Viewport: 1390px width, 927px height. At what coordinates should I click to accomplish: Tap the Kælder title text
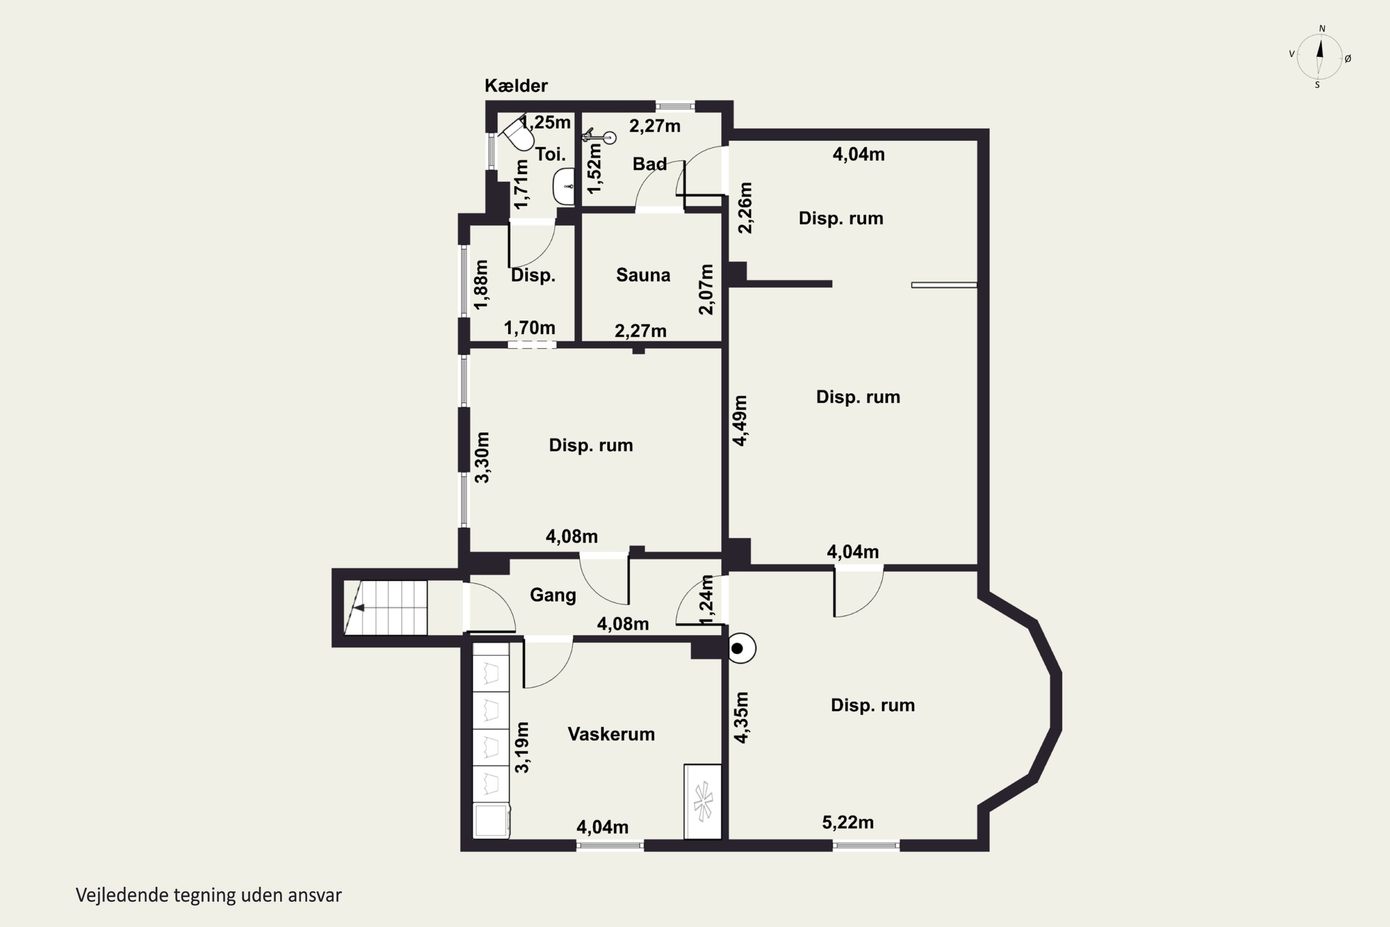point(516,86)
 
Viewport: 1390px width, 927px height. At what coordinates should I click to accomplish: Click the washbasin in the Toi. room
point(564,186)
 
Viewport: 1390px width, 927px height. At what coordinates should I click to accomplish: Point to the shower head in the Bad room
point(599,137)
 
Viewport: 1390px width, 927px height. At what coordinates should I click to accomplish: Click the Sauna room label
point(643,275)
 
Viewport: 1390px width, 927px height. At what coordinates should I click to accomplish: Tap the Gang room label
point(553,595)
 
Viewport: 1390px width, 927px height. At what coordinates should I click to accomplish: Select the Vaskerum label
point(611,734)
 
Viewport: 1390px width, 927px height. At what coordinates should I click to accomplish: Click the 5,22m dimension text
point(847,822)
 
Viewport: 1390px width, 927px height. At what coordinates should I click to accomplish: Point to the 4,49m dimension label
point(740,420)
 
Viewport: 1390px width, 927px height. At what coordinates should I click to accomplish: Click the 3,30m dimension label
point(482,457)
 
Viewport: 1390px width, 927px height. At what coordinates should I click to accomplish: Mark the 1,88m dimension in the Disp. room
point(482,285)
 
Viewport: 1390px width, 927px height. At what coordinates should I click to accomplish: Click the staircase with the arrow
point(385,608)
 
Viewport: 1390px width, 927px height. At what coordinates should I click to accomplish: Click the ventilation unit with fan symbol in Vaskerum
point(703,802)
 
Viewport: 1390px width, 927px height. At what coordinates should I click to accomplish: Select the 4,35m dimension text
point(740,717)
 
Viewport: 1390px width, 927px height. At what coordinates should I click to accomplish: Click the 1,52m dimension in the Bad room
point(595,169)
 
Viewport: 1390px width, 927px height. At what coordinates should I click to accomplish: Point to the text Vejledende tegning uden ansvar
point(208,895)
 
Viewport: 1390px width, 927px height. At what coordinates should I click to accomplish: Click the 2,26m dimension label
point(746,208)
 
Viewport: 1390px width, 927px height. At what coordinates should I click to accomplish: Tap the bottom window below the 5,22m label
point(866,846)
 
